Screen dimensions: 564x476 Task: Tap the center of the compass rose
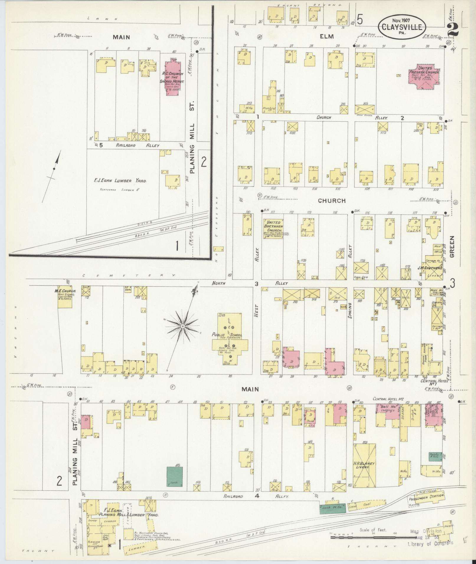pyautogui.click(x=183, y=326)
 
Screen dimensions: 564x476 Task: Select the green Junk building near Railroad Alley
pyautogui.click(x=174, y=476)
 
